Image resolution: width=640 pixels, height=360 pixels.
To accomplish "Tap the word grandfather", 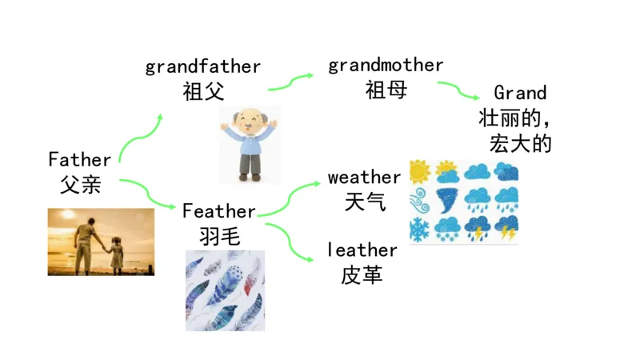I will (x=203, y=66).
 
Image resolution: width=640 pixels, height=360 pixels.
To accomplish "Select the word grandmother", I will (x=386, y=65).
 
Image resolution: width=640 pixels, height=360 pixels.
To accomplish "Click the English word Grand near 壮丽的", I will (x=520, y=93).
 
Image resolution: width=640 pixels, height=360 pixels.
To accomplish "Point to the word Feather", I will (x=218, y=211).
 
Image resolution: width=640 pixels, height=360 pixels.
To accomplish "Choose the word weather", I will (x=364, y=177).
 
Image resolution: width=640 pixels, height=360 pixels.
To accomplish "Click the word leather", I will (x=362, y=250).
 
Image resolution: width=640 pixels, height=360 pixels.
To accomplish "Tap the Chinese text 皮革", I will (x=362, y=274).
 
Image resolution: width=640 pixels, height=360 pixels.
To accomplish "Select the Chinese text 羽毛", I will (x=218, y=235).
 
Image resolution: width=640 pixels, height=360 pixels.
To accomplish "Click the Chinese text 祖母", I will (x=386, y=89).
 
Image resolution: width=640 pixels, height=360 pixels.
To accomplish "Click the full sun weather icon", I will (x=420, y=171).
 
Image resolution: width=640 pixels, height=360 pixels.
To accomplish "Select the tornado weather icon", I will (x=448, y=200).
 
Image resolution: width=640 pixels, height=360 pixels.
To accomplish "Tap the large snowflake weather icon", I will (x=420, y=228).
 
